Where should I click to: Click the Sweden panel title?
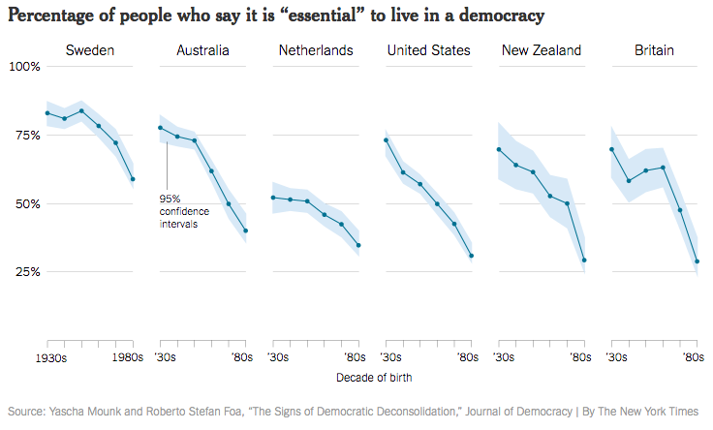(89, 50)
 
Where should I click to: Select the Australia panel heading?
(202, 50)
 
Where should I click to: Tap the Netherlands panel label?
(316, 50)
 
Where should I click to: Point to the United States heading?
(428, 50)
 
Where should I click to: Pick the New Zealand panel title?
(542, 50)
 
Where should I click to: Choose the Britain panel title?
(654, 50)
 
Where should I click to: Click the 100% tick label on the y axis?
(24, 67)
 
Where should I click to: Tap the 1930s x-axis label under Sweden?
(46, 357)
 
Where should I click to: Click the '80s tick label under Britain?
(693, 357)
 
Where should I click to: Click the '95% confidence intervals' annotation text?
(183, 211)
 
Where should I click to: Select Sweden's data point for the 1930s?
(46, 113)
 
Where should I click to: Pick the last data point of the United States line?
(472, 256)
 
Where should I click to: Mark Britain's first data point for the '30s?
(611, 149)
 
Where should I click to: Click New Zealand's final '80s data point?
(584, 260)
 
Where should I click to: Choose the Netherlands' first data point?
(273, 198)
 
